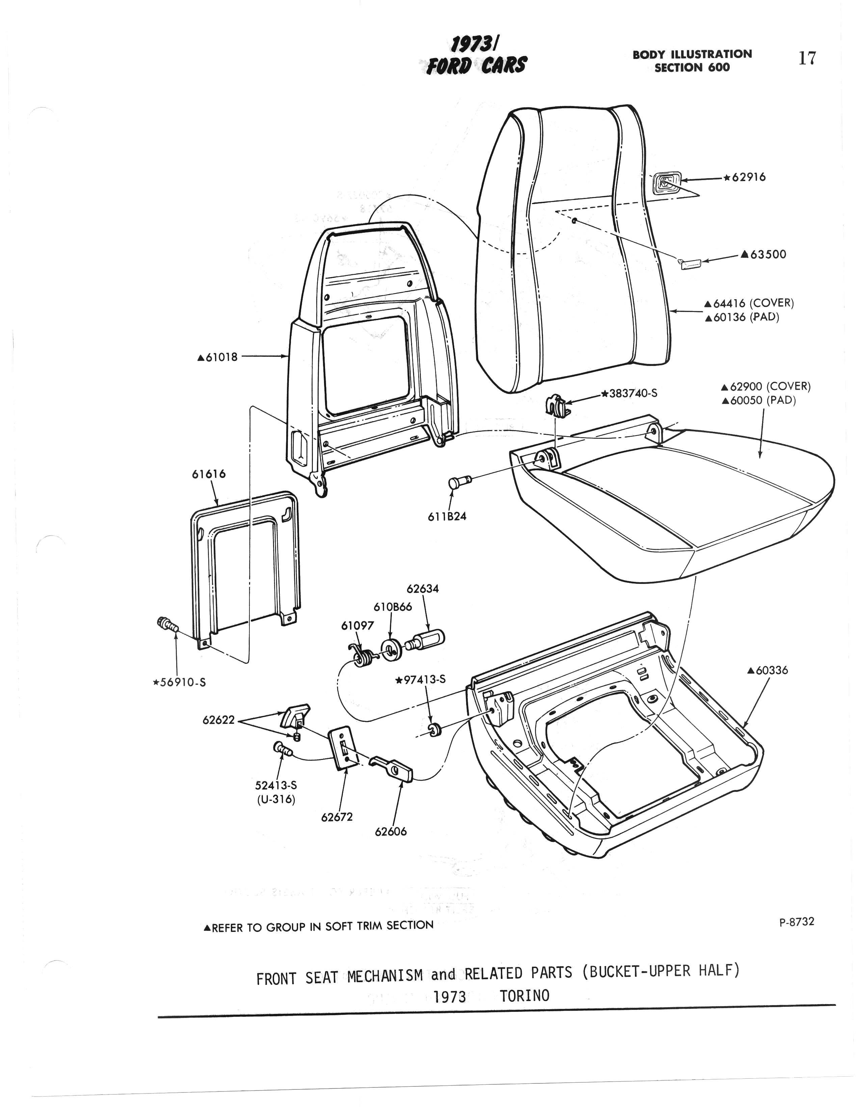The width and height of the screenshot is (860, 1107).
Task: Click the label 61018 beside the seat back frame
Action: (x=218, y=357)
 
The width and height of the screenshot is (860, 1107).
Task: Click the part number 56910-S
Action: (x=180, y=682)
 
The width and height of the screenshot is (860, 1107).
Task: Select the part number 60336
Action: (x=768, y=670)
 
